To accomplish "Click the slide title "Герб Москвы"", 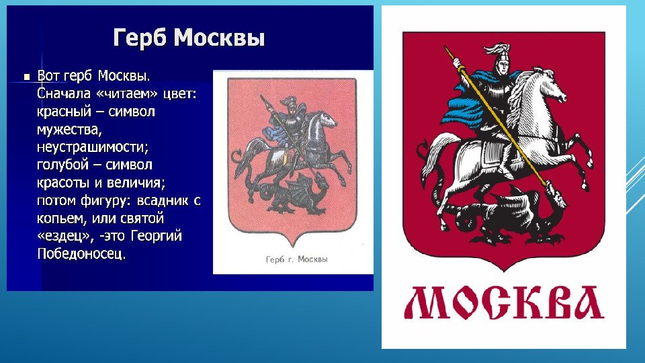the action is click(x=189, y=38).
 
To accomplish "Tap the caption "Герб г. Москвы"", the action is click(x=296, y=259).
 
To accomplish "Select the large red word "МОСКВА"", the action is click(x=505, y=303).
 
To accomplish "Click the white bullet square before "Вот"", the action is click(x=27, y=77).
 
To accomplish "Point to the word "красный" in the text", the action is click(x=64, y=112).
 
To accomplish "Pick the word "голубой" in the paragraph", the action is click(x=62, y=165).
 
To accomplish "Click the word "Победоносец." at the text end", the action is click(x=81, y=253).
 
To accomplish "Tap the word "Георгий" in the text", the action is click(x=157, y=236).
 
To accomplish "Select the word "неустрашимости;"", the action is click(x=93, y=147).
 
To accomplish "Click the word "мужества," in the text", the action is click(x=69, y=130).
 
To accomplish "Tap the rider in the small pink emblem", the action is click(x=290, y=124).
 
